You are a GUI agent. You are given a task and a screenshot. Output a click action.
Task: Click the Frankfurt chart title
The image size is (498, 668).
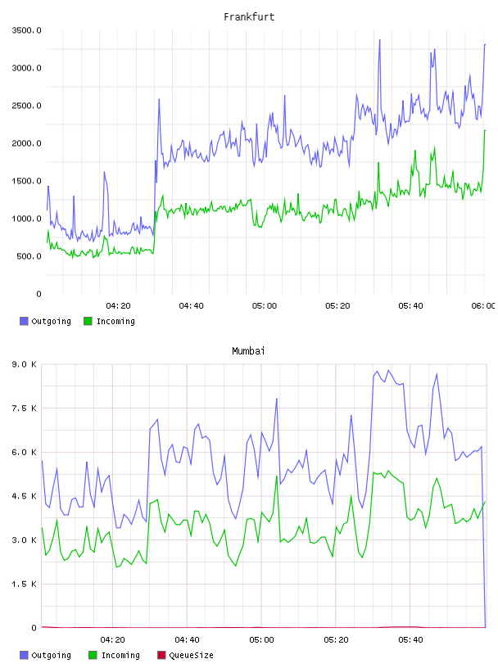[249, 17]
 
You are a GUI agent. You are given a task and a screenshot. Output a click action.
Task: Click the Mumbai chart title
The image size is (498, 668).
[248, 351]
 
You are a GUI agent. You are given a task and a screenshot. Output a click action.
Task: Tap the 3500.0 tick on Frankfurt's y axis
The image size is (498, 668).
[26, 30]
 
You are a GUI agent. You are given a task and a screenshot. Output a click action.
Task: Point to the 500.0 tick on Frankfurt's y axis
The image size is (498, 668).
[29, 256]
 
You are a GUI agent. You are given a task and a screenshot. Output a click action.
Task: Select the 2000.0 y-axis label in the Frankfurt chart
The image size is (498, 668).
[26, 143]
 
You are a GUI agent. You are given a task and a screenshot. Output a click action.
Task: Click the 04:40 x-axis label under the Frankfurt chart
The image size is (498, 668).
[191, 305]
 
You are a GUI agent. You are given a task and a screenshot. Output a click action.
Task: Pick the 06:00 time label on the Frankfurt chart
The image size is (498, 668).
[483, 305]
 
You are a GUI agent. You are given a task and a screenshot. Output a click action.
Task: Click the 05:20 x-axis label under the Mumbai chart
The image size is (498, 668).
[336, 639]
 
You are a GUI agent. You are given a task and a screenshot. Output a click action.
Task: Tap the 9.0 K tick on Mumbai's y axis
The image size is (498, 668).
[25, 364]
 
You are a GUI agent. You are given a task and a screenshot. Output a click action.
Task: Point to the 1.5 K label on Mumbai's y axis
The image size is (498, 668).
[25, 584]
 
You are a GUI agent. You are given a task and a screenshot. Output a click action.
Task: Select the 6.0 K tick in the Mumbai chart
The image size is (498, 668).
[25, 452]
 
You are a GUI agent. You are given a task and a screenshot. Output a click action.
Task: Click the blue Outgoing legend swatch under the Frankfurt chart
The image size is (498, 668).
[24, 321]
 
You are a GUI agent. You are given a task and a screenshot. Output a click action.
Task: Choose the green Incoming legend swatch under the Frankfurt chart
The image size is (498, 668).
[88, 321]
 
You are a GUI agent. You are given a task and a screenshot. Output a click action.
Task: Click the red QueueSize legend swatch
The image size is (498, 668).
[161, 655]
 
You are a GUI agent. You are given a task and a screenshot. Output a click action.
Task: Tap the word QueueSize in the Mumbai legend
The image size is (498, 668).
[191, 655]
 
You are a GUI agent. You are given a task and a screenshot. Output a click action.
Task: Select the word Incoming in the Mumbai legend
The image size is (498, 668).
[120, 655]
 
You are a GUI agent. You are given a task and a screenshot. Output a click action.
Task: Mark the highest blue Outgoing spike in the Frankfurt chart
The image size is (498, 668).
[379, 40]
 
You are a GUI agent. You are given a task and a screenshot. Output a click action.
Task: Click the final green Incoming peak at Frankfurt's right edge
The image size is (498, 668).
[485, 130]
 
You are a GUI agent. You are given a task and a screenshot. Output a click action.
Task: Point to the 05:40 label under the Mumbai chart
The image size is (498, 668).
[410, 639]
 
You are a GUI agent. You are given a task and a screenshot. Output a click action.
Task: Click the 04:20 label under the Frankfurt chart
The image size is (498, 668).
[118, 305]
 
